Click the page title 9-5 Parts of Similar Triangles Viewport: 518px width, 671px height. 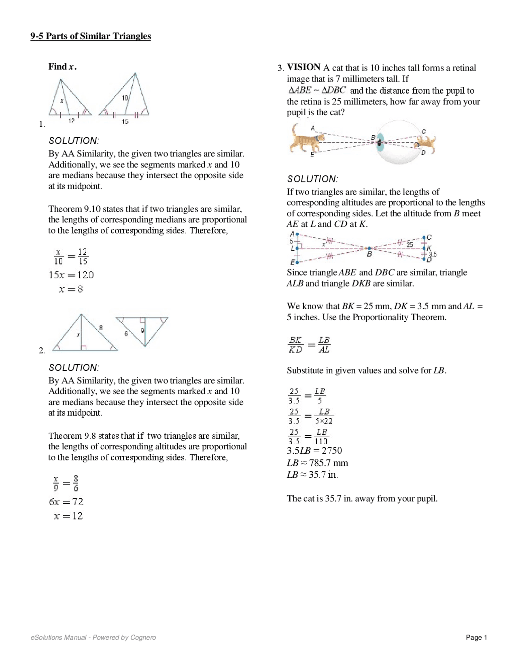pos(91,36)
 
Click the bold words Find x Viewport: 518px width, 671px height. pos(62,66)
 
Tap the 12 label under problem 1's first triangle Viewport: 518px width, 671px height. pos(71,121)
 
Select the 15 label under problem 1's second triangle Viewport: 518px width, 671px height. pos(125,121)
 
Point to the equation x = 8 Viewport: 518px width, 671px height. pos(71,289)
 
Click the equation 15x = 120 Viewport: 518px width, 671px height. pos(71,275)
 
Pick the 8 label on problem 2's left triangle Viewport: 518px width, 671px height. pos(101,327)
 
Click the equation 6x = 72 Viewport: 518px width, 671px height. pos(66,502)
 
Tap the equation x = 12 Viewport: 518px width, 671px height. pos(68,516)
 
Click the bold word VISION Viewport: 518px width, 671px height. pos(304,67)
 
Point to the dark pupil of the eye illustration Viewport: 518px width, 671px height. pos(379,142)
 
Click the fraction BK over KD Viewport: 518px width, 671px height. pos(295,345)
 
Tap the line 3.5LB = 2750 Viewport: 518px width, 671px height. pos(314,451)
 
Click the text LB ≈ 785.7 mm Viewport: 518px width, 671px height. pos(318,463)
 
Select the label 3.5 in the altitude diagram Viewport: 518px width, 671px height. pos(433,254)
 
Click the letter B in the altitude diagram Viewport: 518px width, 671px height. pos(369,254)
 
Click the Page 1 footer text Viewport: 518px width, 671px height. pos(476,637)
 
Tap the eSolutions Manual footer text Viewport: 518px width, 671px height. pos(93,637)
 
